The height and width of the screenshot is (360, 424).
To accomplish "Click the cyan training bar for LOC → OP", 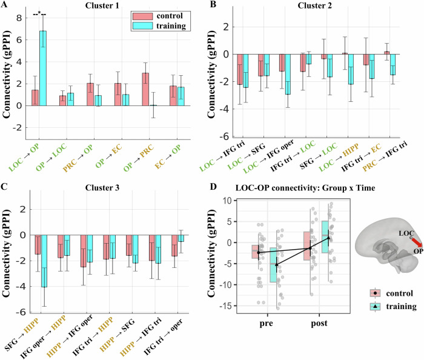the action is (x=43, y=68).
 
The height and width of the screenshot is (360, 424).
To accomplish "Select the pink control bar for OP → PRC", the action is (x=145, y=89).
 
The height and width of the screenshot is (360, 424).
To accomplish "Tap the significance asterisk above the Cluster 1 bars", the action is (x=39, y=13).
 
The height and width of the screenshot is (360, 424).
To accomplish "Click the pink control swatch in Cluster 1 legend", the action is (x=142, y=16).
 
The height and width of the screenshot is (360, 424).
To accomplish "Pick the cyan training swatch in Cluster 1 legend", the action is (x=142, y=25).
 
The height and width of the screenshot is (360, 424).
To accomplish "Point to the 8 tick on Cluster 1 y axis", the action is (x=19, y=18).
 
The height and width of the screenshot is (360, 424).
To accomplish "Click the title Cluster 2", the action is (x=314, y=5).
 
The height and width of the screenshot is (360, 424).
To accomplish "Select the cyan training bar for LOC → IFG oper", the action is (x=288, y=74).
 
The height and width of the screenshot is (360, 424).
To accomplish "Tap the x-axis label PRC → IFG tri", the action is (x=385, y=156).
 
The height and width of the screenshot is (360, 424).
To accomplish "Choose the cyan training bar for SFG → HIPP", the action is (x=44, y=261).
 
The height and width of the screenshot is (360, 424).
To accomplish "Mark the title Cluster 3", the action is (x=102, y=187).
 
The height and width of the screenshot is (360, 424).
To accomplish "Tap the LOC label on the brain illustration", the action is (x=406, y=233).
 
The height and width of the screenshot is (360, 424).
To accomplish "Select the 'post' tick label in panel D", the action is (x=319, y=323).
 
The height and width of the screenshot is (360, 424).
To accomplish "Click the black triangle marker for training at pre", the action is (x=276, y=264).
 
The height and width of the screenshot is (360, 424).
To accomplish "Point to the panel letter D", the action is (x=213, y=186).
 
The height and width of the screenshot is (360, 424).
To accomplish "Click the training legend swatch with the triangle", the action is (x=375, y=307).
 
